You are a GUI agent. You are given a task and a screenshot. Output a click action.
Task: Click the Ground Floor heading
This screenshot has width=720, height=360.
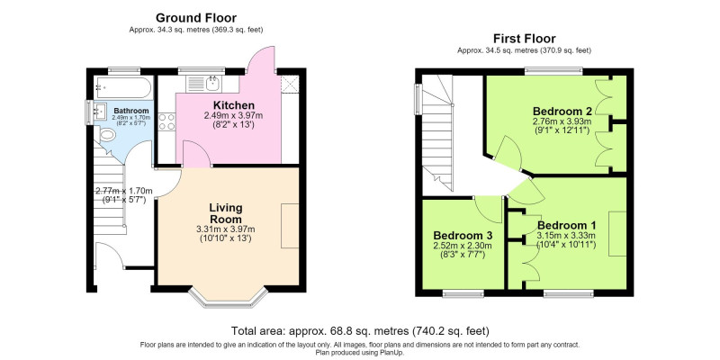(x=196, y=18)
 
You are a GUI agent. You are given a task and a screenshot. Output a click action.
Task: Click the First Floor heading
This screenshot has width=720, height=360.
(x=524, y=38)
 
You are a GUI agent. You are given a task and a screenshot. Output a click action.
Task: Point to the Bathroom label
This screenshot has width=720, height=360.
(x=131, y=111)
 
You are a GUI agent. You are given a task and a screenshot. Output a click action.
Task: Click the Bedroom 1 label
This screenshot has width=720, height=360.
(x=567, y=226)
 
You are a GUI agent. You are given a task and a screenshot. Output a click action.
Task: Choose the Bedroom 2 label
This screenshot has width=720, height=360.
(x=562, y=111)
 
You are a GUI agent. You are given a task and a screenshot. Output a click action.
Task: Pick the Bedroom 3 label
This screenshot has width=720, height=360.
(x=463, y=236)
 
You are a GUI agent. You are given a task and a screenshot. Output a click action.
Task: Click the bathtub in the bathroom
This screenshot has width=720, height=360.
(x=122, y=87)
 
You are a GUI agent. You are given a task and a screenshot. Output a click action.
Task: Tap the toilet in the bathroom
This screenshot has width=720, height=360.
(x=107, y=134)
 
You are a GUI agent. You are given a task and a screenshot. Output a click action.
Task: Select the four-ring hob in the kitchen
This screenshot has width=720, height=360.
(x=166, y=121)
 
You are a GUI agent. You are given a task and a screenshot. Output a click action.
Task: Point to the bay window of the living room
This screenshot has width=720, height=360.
(x=228, y=298)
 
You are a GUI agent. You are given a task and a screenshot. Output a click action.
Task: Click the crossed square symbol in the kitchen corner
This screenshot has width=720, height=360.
(x=290, y=84)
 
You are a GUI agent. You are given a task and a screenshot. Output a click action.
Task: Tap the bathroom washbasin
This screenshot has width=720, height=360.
(x=100, y=112)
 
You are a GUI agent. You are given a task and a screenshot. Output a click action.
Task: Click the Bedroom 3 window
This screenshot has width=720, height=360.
(x=463, y=293)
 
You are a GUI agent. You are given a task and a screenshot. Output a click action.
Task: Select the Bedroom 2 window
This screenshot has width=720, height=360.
(x=553, y=71)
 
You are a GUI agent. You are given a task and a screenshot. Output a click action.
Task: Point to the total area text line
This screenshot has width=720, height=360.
(x=360, y=330)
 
